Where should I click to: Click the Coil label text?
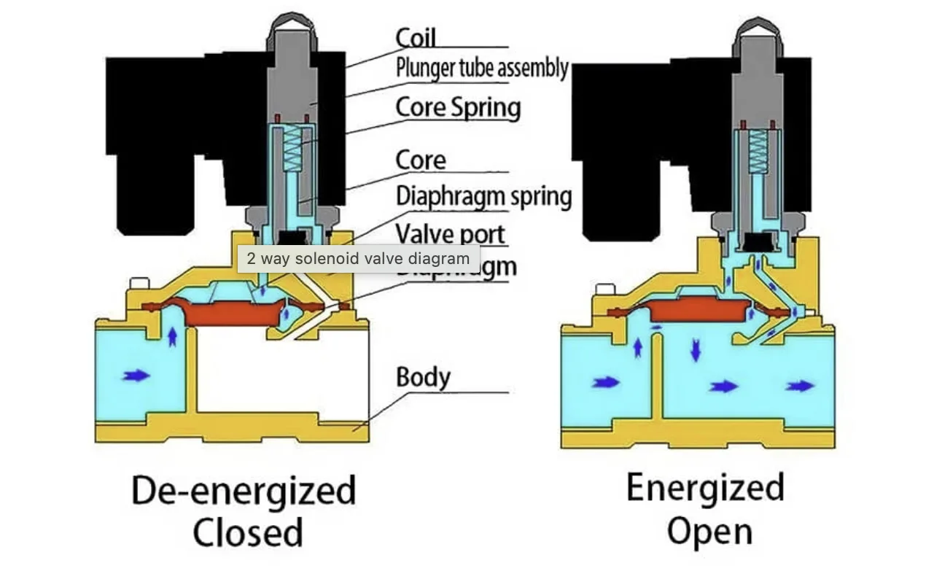(416, 38)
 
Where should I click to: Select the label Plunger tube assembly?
(482, 69)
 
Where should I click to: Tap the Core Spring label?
(458, 107)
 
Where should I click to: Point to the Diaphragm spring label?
(483, 196)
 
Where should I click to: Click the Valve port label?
(450, 233)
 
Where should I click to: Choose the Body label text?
(423, 378)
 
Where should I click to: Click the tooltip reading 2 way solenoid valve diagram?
(358, 258)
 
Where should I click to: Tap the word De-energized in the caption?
(244, 491)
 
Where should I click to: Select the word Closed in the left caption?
(247, 532)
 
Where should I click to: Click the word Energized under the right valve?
(705, 487)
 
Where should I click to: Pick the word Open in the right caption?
(709, 531)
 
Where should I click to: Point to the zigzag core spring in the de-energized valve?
(292, 150)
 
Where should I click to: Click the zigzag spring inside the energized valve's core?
(760, 151)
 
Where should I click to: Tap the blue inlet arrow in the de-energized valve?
(136, 376)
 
